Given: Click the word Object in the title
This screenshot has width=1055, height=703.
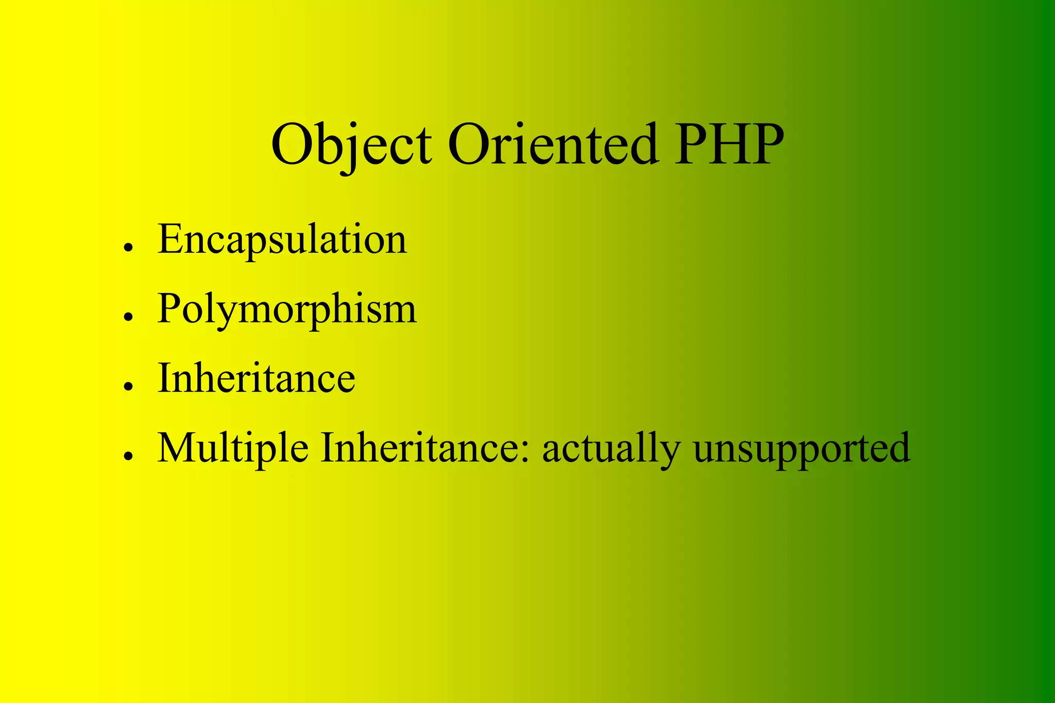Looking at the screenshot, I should point(351,145).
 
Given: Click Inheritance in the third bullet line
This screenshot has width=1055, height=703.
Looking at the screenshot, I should point(256,378).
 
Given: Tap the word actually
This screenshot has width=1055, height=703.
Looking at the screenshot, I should point(611,448).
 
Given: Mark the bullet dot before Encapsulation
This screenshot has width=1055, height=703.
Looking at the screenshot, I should point(129,247).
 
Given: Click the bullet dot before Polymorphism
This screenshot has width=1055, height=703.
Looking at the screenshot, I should point(129,317).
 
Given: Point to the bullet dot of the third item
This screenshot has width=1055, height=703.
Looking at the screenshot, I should point(129,386).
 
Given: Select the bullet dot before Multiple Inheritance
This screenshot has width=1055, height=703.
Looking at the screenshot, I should point(129,456).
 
